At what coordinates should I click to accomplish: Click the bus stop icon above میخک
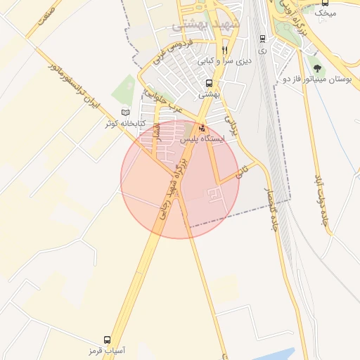325,3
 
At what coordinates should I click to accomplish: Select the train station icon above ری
262,39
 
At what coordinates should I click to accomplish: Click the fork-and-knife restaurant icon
224,50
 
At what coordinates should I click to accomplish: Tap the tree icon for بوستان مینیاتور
318,69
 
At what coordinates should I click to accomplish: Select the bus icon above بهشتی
209,83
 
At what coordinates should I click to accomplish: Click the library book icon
126,112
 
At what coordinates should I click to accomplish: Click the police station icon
203,129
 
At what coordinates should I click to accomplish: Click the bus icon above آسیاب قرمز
107,340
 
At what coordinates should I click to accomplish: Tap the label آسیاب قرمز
107,350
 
